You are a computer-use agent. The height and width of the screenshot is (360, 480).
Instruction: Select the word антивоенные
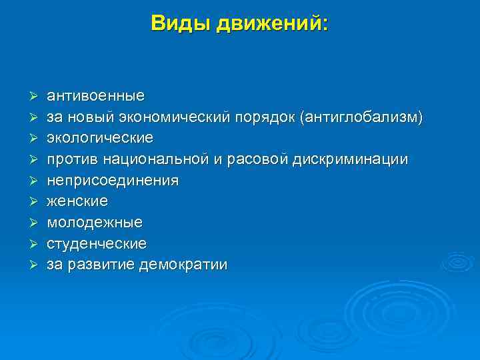pyautogui.click(x=95, y=97)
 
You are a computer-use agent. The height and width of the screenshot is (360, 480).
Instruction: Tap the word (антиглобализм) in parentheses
pyautogui.click(x=361, y=117)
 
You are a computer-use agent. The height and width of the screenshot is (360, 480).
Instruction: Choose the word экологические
pyautogui.click(x=99, y=138)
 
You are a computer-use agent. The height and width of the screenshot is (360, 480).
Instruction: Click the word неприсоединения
pyautogui.click(x=112, y=181)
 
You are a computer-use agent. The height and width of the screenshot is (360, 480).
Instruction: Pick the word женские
pyautogui.click(x=77, y=201)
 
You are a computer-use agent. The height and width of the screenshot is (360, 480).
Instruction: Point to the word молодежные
pyautogui.click(x=94, y=222)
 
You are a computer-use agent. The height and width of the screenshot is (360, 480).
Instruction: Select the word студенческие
pyautogui.click(x=97, y=243)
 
